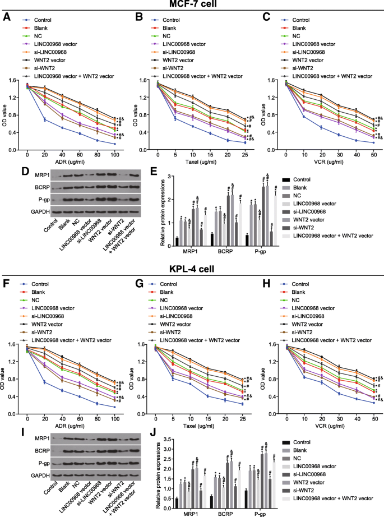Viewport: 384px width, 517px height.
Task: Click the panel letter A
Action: (6, 18)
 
